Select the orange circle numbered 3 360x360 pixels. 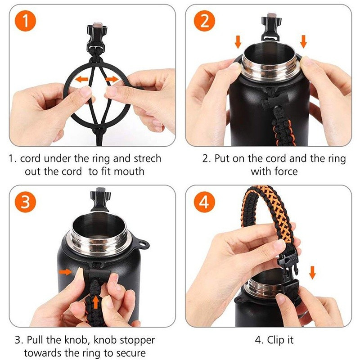(25, 202)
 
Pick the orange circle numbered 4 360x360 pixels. (204, 202)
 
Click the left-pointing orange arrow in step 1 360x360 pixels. (81, 80)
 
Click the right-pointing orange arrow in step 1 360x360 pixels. (112, 80)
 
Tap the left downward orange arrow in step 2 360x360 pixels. (238, 42)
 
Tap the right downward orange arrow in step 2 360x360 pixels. (303, 41)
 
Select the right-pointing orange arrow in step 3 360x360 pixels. (65, 272)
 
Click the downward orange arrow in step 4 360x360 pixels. (312, 273)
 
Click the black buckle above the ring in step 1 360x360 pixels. (97, 36)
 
